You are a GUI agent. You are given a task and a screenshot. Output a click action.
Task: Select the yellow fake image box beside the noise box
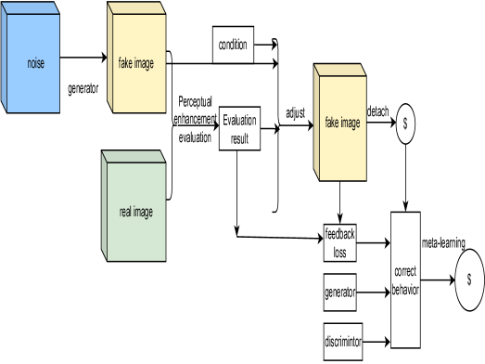point(135,63)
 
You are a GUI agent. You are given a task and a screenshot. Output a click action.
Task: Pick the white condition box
point(232,45)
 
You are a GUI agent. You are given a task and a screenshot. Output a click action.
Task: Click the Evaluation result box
point(239,128)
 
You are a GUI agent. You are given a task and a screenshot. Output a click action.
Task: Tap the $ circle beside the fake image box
point(405,123)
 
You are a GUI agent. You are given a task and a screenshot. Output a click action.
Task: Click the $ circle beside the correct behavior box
point(468,279)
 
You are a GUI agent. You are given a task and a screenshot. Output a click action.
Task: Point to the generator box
point(339,292)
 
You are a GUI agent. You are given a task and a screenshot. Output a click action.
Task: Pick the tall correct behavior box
point(405,279)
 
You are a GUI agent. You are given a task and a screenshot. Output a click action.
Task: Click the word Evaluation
point(239,121)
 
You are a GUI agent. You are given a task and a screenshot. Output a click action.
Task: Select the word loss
point(339,252)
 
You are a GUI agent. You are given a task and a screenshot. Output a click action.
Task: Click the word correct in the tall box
point(405,272)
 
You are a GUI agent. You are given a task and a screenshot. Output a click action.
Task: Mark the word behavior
point(405,289)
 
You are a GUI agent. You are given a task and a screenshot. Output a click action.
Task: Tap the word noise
point(36,63)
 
